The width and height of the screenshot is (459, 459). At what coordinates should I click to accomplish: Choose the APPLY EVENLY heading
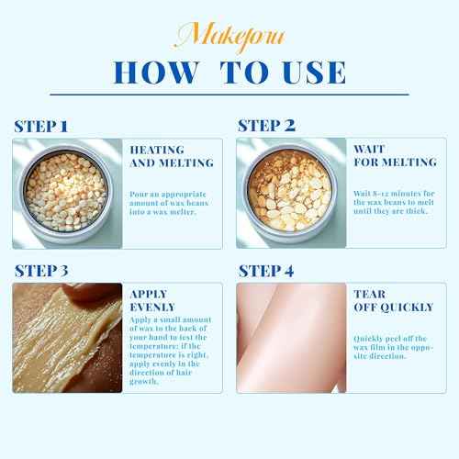tap(153, 302)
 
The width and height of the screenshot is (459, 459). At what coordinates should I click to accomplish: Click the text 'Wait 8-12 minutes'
tap(385, 192)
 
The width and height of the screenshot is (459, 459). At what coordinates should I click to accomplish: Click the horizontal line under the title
tap(229, 95)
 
